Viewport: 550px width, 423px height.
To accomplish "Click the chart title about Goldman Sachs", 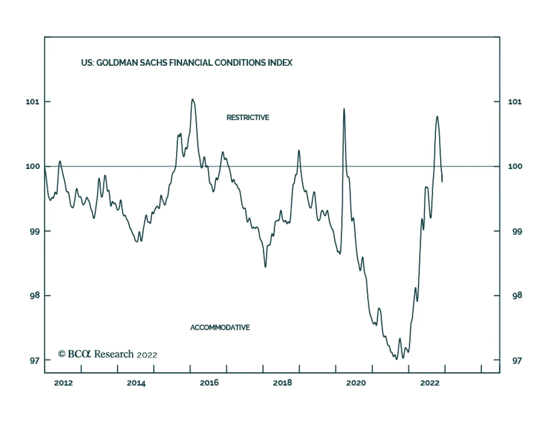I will coord(187,63).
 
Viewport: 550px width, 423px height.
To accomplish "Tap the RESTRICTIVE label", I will coord(247,118).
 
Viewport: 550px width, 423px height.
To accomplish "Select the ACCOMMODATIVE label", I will coord(220,327).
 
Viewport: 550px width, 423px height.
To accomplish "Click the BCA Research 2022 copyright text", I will coord(108,354).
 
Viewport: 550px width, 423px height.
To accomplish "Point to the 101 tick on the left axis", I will coord(33,102).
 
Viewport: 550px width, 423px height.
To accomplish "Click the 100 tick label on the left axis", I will coord(33,166).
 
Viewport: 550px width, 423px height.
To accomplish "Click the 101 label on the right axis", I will coord(515,102).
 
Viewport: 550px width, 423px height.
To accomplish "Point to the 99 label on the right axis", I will coord(517,231).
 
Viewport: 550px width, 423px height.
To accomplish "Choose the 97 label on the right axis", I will coord(517,360).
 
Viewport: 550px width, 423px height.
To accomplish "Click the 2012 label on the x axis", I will coord(63,383).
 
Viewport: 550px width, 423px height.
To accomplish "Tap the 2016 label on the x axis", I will coord(209,383).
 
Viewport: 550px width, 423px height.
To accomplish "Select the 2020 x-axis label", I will coord(356,383).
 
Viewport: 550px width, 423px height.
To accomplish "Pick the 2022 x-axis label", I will coord(430,383).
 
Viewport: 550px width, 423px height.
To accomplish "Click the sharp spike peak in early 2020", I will coord(344,109).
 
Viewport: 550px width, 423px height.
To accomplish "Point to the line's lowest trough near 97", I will coord(396,359).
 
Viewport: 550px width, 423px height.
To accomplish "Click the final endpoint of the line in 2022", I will coord(442,181).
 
